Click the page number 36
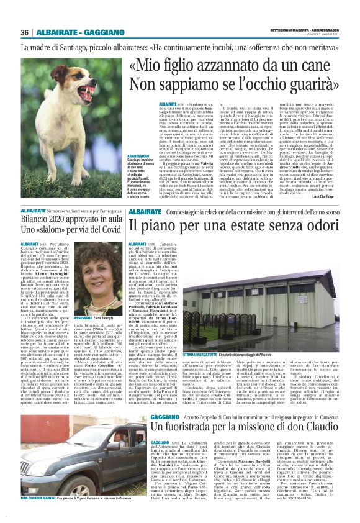(x=25, y=32)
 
